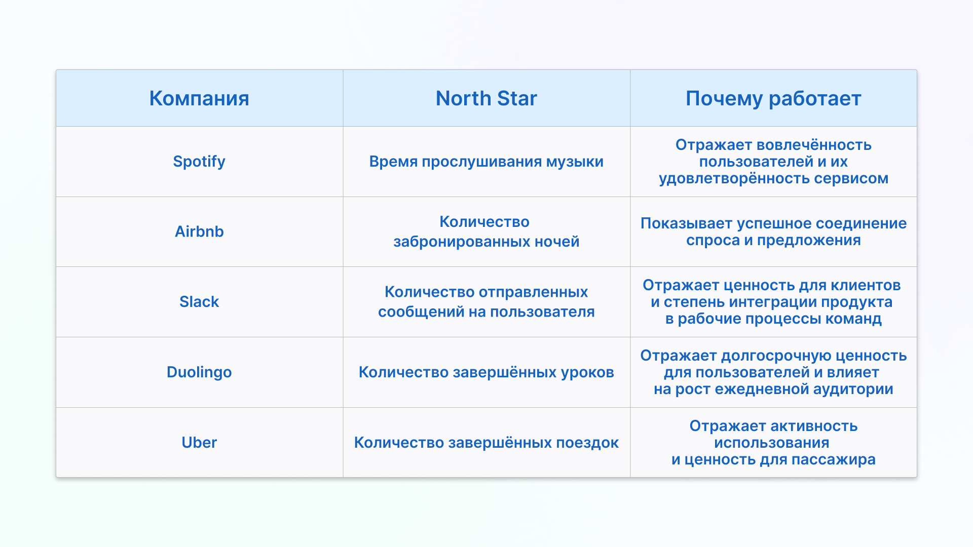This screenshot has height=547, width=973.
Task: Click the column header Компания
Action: [x=199, y=98]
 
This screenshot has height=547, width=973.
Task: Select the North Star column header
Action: [x=486, y=98]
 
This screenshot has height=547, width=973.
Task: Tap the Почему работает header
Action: [x=773, y=99]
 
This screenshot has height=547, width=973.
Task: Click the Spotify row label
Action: [x=199, y=162]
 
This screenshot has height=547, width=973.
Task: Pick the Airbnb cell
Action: [x=199, y=231]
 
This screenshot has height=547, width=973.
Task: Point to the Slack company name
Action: [x=199, y=302]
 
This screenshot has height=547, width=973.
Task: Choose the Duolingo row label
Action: [x=199, y=372]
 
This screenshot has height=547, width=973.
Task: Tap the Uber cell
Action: [x=199, y=443]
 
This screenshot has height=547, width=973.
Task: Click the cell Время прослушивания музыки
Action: [x=486, y=162]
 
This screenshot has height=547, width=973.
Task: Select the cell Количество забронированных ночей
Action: [x=486, y=231]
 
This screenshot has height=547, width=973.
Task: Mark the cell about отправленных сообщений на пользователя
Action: [x=486, y=302]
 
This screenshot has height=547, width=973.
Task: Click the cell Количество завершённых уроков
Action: [x=486, y=372]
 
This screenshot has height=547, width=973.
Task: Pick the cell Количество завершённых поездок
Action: [x=486, y=443]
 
